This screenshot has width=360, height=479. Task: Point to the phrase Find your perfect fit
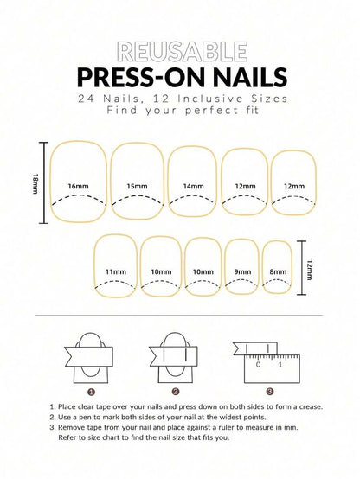tap(179, 112)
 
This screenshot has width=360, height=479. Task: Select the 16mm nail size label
tap(78, 186)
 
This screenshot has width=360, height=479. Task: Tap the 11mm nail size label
tap(114, 271)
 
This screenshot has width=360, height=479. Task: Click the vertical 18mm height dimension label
tap(34, 182)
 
